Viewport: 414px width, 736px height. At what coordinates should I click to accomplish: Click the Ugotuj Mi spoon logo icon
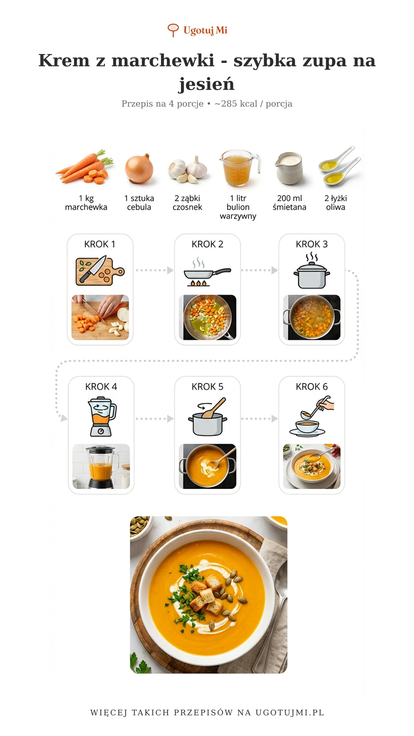[173, 30]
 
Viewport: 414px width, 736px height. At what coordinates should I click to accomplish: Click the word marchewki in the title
[163, 61]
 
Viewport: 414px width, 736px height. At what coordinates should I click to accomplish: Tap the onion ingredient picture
[139, 169]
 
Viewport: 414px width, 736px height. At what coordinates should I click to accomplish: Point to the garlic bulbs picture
[187, 169]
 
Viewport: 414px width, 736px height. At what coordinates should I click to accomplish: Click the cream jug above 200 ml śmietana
[289, 168]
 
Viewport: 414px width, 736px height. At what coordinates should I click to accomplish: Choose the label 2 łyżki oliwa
[335, 203]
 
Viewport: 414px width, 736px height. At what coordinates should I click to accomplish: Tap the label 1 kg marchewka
[86, 203]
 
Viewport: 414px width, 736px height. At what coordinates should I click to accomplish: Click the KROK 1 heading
[100, 244]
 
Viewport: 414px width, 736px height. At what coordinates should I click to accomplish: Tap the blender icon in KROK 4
[102, 417]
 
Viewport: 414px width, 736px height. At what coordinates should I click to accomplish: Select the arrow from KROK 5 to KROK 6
[260, 419]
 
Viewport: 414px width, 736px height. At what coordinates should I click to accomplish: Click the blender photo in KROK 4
[101, 467]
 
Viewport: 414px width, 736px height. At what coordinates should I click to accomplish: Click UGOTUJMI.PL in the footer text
[290, 713]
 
